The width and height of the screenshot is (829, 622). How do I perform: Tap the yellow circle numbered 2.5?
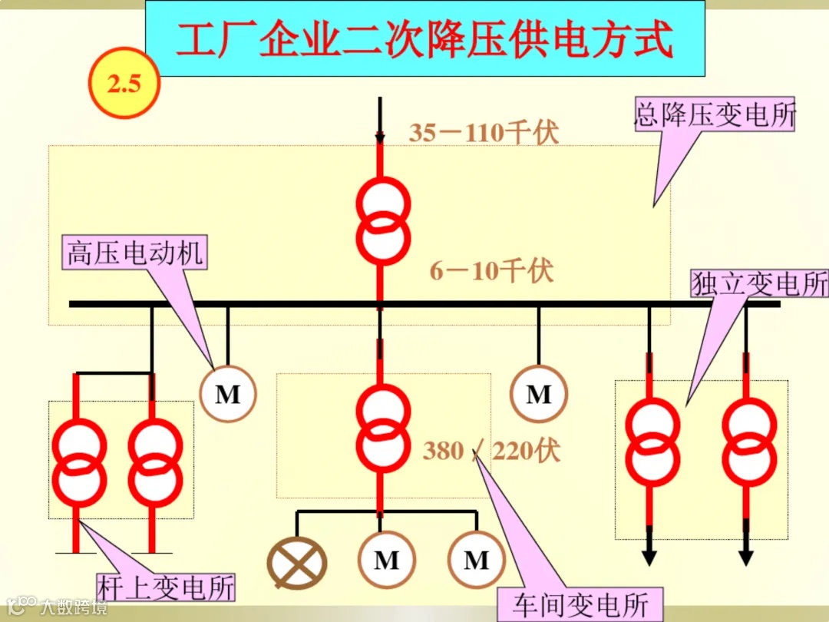coord(124,83)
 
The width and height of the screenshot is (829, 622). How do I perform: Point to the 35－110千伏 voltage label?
coord(484,133)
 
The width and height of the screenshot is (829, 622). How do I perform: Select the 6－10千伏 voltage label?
coord(491,271)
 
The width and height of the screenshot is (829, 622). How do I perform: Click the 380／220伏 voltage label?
coord(491,451)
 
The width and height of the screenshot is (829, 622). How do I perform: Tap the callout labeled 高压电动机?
coord(135,253)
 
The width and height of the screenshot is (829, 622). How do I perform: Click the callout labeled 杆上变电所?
coord(166,588)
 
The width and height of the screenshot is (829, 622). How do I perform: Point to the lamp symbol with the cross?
coord(297,561)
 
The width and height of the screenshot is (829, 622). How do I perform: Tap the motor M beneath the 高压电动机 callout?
coord(227,395)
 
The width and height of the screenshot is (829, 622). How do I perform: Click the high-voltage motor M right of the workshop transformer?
coord(539,395)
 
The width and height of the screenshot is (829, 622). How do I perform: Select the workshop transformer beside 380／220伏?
coord(382,428)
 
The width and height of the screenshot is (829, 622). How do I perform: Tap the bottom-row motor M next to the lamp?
coord(387,561)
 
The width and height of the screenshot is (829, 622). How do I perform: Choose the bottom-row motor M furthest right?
coord(476,561)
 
